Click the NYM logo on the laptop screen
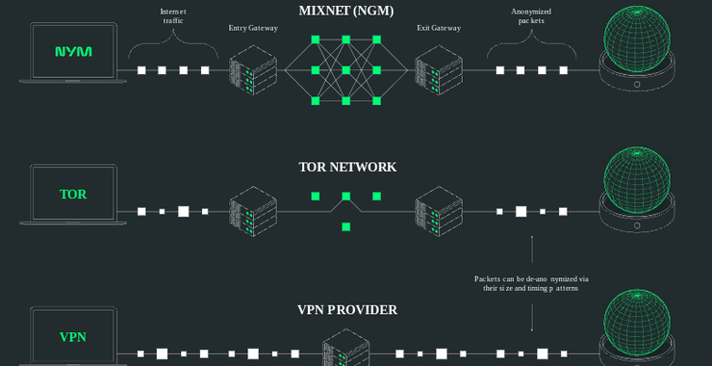(74, 51)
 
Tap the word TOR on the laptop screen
(73, 195)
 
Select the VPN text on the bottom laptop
(73, 337)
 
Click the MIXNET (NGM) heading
(347, 12)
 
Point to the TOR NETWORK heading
(347, 167)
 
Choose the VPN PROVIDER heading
(347, 310)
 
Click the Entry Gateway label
(253, 28)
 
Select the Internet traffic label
(173, 15)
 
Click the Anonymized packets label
(531, 15)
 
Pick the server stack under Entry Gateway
(252, 70)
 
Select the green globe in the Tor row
(637, 182)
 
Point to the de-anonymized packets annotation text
(531, 283)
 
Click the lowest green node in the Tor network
(345, 226)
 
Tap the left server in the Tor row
(252, 211)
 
